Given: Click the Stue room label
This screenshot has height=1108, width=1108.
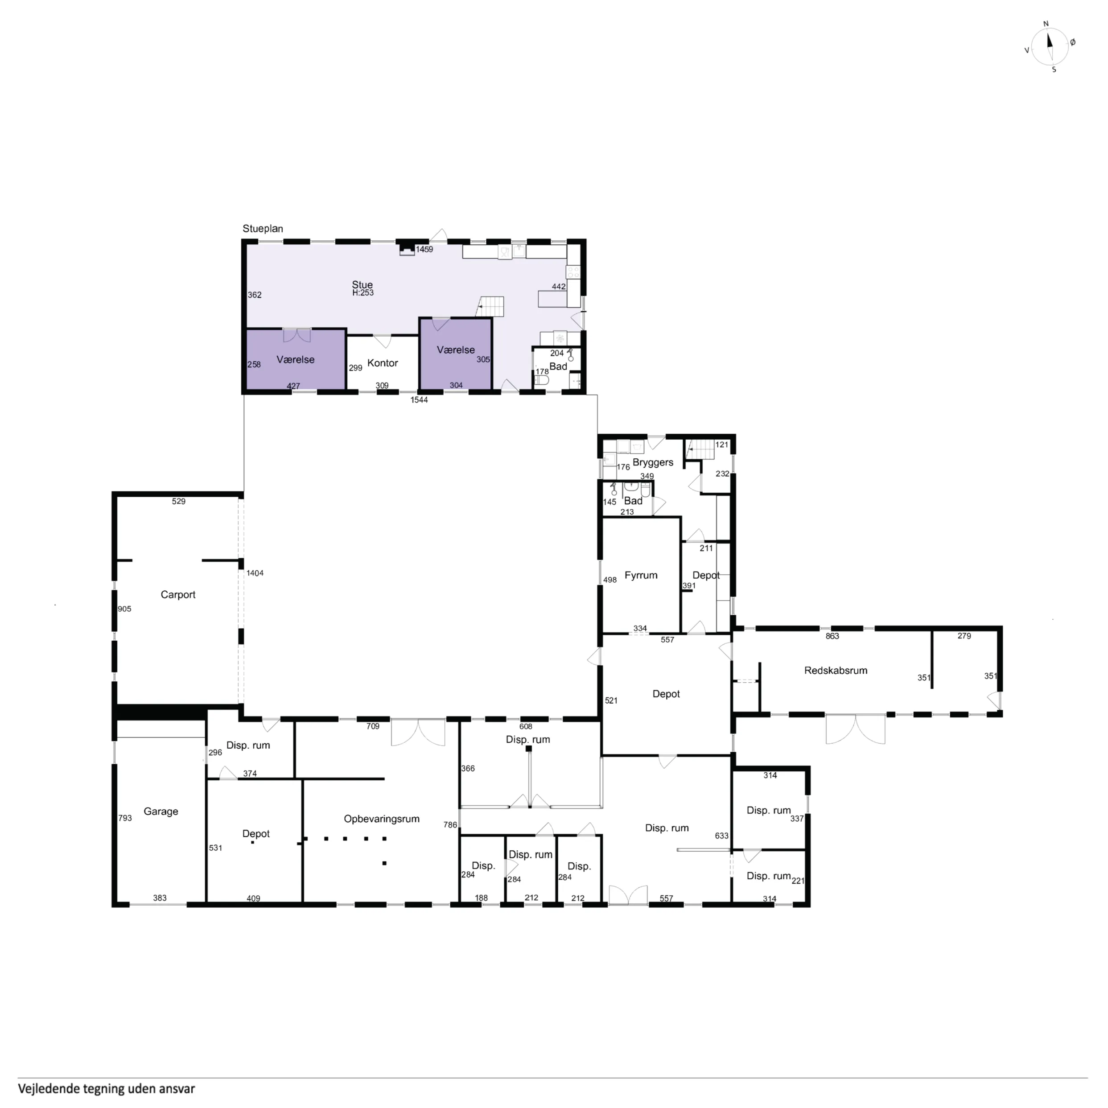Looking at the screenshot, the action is click(362, 285).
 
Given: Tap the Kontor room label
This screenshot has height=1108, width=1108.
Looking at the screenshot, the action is click(383, 363).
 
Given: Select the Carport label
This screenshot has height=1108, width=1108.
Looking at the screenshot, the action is click(178, 595).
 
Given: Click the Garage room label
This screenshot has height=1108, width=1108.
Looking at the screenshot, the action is click(161, 811).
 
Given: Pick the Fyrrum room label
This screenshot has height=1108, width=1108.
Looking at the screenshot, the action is click(641, 575).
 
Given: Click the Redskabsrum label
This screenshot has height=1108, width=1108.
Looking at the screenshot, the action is click(836, 671).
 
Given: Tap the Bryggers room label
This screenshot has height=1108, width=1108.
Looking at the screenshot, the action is click(653, 463).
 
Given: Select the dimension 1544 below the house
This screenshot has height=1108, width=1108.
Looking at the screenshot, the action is click(419, 400).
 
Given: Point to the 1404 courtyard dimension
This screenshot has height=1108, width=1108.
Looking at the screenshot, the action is click(255, 573).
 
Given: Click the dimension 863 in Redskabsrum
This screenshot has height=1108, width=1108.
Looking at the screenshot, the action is click(832, 636).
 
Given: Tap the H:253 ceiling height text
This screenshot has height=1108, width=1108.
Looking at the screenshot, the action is click(363, 293).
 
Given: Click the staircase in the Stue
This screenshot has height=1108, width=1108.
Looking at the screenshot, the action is click(490, 306).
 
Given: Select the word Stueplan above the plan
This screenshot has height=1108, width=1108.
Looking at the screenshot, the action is click(263, 229).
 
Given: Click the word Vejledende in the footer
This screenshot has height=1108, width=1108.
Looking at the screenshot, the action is click(49, 1088).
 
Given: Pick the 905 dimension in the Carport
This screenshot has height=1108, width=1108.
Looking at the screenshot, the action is click(124, 609).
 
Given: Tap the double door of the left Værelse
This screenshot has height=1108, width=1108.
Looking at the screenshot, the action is click(297, 335).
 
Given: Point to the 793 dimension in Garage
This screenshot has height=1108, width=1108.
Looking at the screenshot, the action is click(125, 818).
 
